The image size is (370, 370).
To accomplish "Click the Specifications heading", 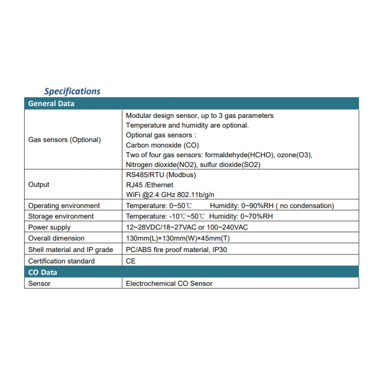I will click(x=72, y=91).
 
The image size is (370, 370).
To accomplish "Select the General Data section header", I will click(x=51, y=104).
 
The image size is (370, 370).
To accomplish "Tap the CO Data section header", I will click(x=43, y=272).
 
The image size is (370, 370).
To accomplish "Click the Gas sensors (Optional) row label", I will click(x=64, y=140).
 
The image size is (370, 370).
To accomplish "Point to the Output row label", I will click(x=39, y=185).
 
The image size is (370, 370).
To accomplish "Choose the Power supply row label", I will click(x=49, y=227).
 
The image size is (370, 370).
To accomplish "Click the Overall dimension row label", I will click(x=56, y=238).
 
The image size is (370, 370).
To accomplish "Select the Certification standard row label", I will click(x=62, y=261).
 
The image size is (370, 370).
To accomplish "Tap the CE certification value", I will click(x=131, y=261).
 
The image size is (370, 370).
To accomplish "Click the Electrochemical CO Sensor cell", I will click(x=169, y=284).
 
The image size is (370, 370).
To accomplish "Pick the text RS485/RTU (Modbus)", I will click(x=161, y=175).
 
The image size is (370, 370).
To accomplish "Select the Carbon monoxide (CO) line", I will click(x=162, y=145).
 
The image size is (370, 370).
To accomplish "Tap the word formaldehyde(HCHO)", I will click(x=244, y=155).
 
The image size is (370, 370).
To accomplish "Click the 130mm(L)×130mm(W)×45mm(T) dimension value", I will click(x=178, y=238).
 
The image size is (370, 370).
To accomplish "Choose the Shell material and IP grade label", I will click(x=71, y=250).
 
